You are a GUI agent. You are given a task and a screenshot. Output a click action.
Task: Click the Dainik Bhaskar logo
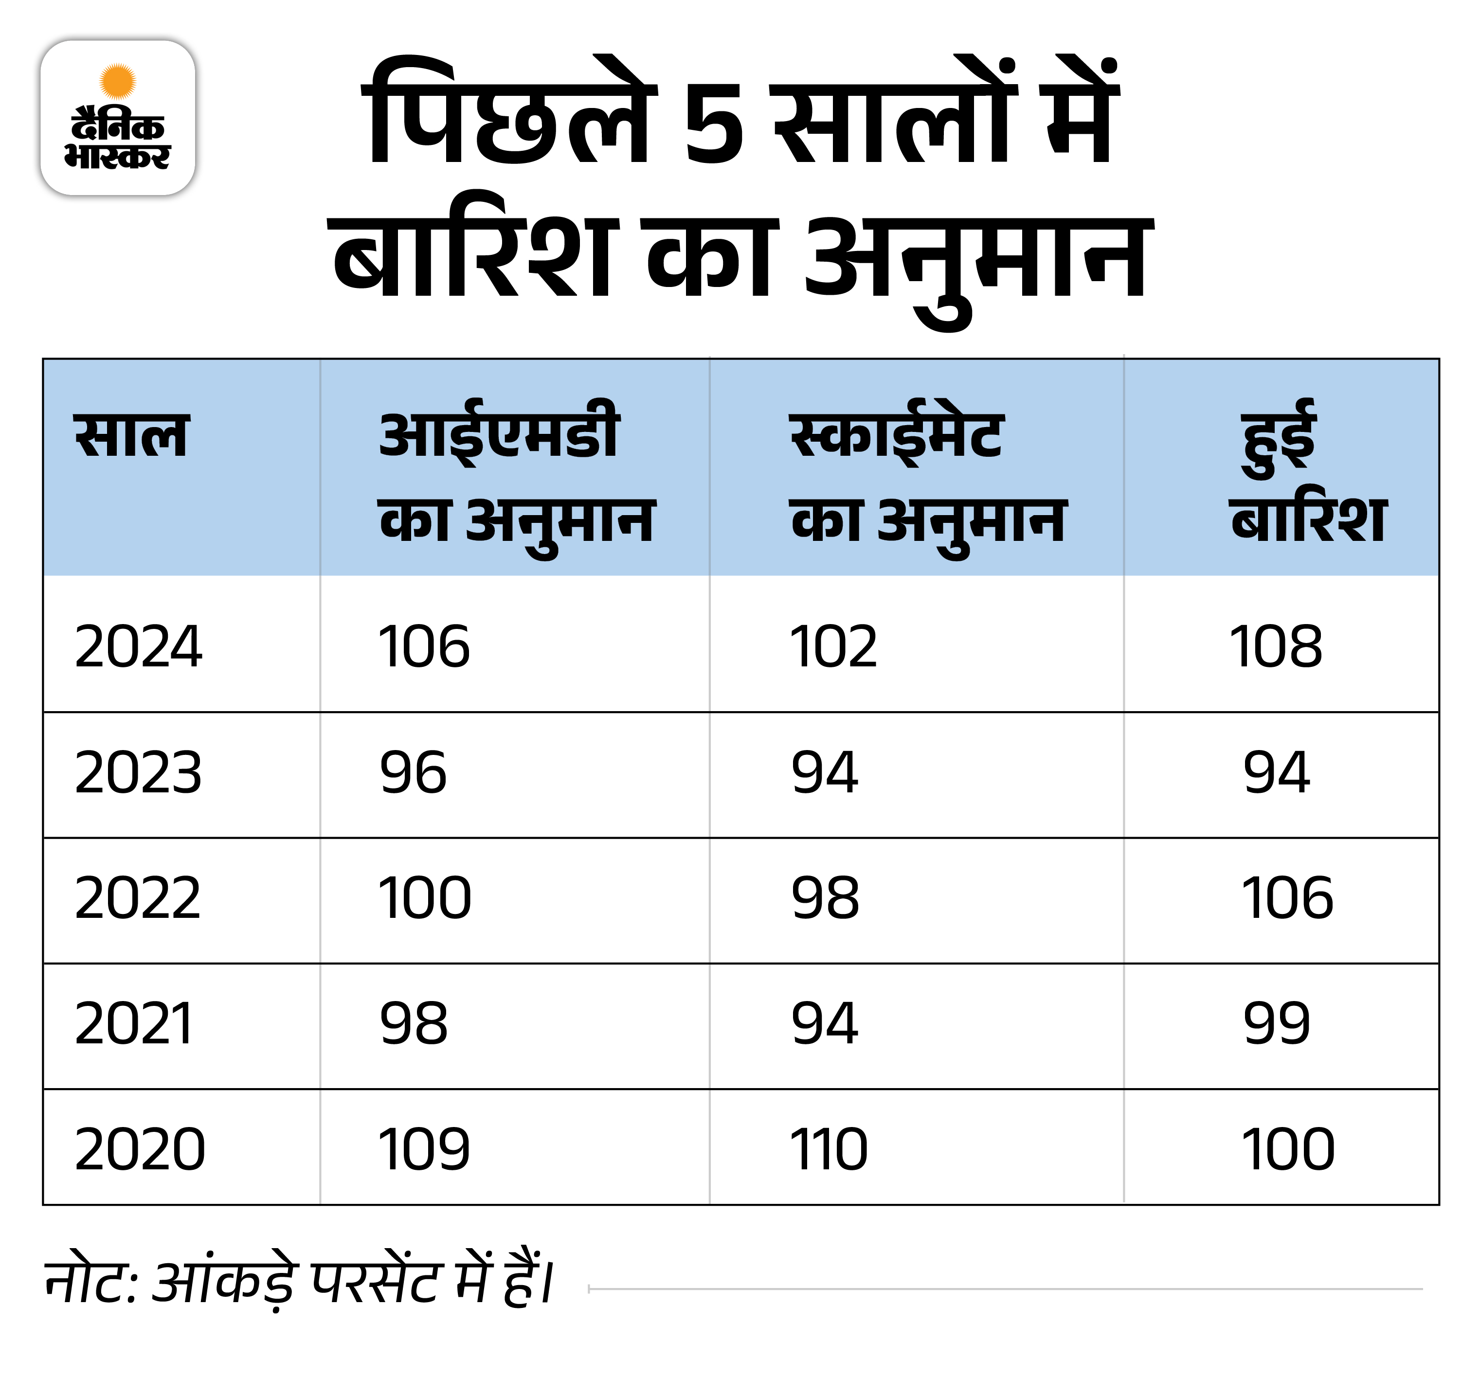point(118,118)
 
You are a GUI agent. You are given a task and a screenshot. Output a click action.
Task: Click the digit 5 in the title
point(713,125)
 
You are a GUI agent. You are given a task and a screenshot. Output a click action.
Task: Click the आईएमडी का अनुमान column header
point(515,479)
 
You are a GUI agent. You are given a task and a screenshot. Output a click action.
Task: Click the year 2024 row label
point(139,646)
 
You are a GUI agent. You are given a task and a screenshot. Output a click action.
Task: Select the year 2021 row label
point(134,1023)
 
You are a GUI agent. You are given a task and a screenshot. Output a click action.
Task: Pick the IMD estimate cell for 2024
point(424,646)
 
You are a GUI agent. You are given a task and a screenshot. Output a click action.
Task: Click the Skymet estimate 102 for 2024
point(833,646)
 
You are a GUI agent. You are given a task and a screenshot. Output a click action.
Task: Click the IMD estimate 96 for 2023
point(413,772)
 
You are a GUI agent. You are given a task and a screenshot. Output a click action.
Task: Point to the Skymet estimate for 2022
point(825,898)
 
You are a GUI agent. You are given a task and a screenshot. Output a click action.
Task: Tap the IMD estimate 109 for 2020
point(424,1149)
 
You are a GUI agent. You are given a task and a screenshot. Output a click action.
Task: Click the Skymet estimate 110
point(828,1149)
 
